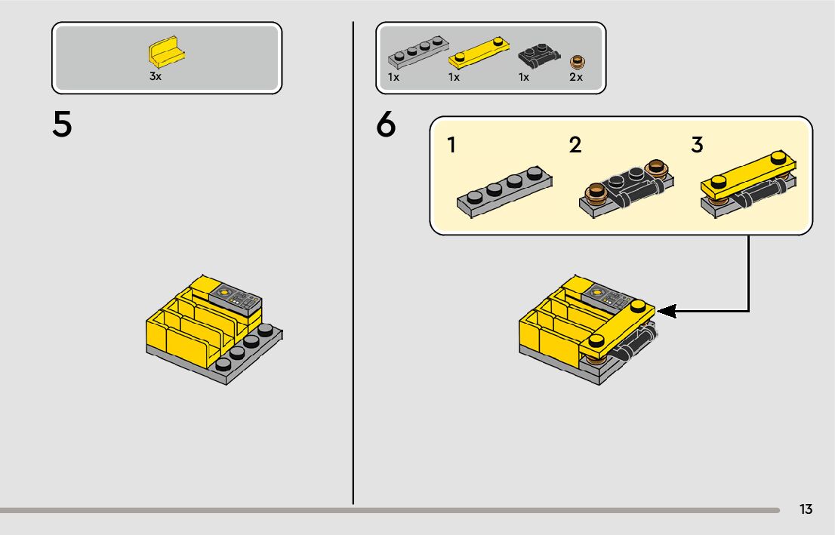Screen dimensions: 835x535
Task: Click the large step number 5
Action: [62, 124]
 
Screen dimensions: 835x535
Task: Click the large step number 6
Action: [386, 124]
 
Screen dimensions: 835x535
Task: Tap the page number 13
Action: [806, 509]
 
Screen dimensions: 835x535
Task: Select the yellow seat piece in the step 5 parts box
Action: [167, 51]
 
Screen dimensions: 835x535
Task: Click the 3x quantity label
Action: [156, 76]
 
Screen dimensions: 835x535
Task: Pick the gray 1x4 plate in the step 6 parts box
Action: [418, 51]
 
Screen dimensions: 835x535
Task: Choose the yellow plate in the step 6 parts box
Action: [479, 53]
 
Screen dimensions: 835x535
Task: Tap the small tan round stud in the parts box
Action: [577, 63]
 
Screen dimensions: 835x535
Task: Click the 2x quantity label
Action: [576, 77]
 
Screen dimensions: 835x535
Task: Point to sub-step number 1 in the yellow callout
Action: [451, 145]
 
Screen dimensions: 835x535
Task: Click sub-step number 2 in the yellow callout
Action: [575, 145]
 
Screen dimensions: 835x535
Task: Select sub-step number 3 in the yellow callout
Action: [697, 145]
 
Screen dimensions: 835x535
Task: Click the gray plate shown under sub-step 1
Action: [504, 192]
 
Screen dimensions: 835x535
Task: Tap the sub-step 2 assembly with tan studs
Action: [627, 189]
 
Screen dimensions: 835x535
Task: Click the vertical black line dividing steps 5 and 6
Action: [353, 263]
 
